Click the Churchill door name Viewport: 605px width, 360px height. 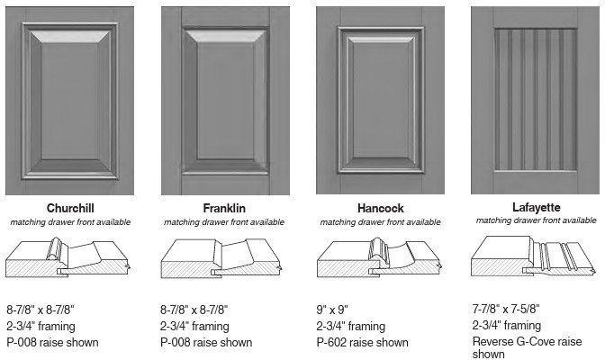click(x=70, y=209)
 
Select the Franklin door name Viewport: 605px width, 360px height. click(x=224, y=209)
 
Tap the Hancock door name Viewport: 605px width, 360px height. click(x=381, y=209)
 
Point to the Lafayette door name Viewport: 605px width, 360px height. click(x=537, y=207)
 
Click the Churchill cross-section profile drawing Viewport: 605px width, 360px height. click(x=68, y=257)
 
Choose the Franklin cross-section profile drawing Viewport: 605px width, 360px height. click(x=221, y=258)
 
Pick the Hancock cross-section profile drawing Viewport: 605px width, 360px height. click(x=379, y=257)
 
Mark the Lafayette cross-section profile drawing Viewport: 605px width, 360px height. click(x=533, y=256)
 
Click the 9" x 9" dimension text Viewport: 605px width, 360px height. click(x=332, y=310)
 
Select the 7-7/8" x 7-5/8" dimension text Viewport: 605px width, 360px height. click(x=506, y=309)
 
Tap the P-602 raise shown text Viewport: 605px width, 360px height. click(x=362, y=342)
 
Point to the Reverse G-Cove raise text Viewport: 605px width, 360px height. click(x=527, y=341)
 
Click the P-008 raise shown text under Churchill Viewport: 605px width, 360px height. click(x=52, y=342)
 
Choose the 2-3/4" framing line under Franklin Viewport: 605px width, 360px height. click(x=194, y=326)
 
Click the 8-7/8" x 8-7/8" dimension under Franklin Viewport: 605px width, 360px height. click(x=194, y=310)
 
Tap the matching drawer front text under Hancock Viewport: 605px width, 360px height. click(x=381, y=222)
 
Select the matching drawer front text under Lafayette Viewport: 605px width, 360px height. click(x=537, y=220)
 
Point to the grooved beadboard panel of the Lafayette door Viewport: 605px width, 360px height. click(x=536, y=100)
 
